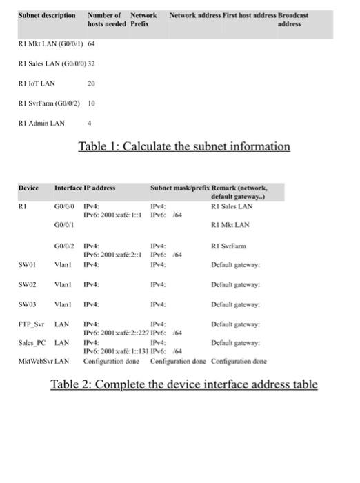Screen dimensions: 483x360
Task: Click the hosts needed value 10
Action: [x=91, y=103]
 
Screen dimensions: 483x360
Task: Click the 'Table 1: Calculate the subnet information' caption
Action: [x=184, y=146]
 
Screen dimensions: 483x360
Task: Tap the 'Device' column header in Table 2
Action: [x=28, y=188]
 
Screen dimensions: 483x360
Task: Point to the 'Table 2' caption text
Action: [x=184, y=384]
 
